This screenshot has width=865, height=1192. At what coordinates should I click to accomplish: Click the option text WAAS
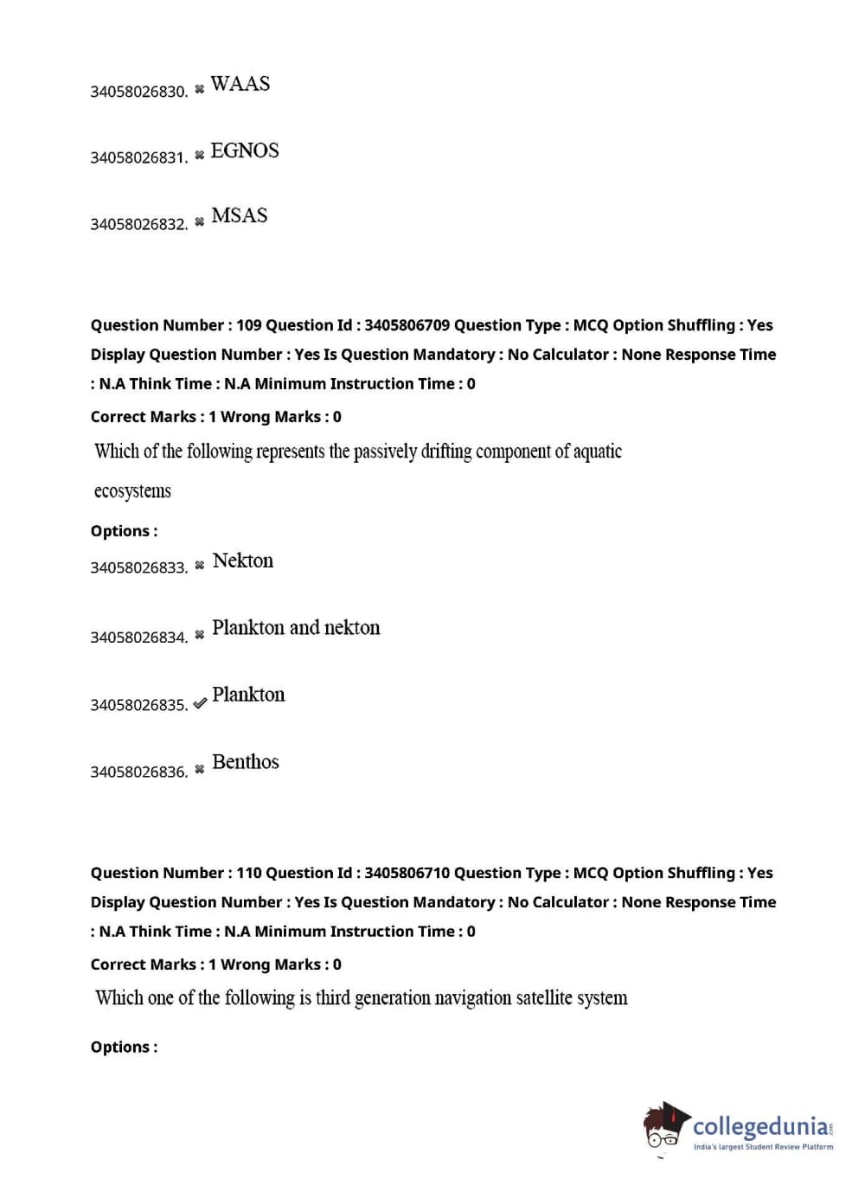240,84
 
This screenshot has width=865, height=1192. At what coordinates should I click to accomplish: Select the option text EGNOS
245,151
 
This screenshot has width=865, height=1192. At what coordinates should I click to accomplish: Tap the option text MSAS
240,215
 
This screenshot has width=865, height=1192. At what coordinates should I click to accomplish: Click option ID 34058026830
138,92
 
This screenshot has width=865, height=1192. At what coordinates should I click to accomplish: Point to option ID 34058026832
138,224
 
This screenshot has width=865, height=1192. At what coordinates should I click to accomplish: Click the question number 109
249,325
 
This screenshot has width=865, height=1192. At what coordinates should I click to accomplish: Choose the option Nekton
242,561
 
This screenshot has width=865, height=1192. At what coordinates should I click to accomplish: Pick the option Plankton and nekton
296,627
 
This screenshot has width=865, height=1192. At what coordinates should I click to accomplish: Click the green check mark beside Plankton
200,703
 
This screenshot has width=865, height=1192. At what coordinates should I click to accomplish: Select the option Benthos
245,761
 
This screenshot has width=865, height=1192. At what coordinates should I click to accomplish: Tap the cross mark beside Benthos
200,769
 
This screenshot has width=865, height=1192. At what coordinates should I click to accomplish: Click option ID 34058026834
138,638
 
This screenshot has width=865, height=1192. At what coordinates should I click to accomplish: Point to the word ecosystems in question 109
132,491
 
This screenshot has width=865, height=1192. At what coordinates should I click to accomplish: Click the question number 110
249,873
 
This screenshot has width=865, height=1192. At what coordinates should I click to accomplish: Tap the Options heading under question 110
124,1047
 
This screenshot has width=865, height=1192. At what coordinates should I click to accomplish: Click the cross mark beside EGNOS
200,155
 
